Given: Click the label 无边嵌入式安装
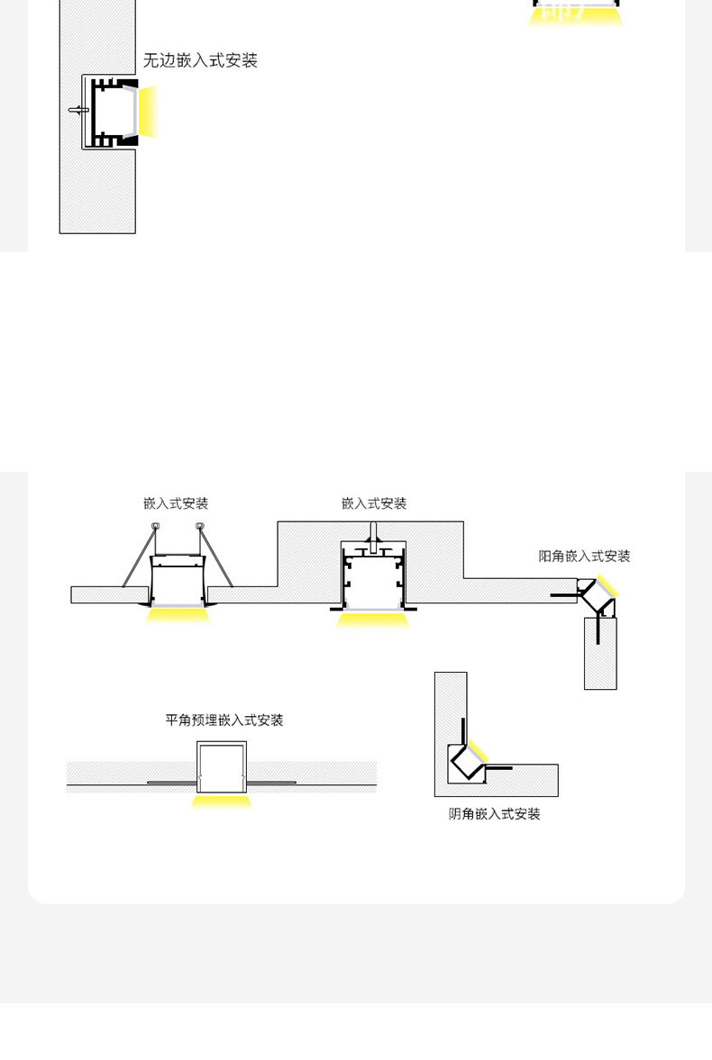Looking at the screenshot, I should point(200,61).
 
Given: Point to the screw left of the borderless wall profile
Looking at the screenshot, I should point(77,111).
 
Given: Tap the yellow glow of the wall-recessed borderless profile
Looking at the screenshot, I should point(149,112).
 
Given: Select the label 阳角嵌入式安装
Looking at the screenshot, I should point(584,557).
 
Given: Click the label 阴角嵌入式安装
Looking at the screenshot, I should point(495,814).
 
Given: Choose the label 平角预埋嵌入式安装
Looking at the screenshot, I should point(224,720).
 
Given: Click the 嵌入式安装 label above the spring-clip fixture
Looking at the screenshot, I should point(176,503).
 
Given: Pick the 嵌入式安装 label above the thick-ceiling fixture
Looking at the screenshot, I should point(374,503).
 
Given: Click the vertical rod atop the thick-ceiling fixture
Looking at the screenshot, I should point(371,530).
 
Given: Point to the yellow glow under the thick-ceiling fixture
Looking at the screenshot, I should point(373,620).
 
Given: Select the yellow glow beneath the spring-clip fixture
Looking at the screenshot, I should point(178,615).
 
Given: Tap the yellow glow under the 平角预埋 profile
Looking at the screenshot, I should point(222,801).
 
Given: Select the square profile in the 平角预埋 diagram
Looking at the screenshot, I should point(222,766).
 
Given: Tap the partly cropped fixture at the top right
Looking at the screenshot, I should point(576,11).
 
